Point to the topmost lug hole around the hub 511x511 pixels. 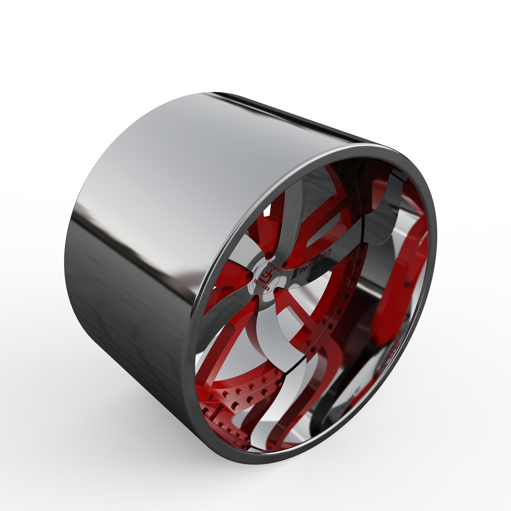pyautogui.click(x=268, y=255)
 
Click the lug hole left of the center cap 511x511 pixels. pyautogui.click(x=248, y=277)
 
